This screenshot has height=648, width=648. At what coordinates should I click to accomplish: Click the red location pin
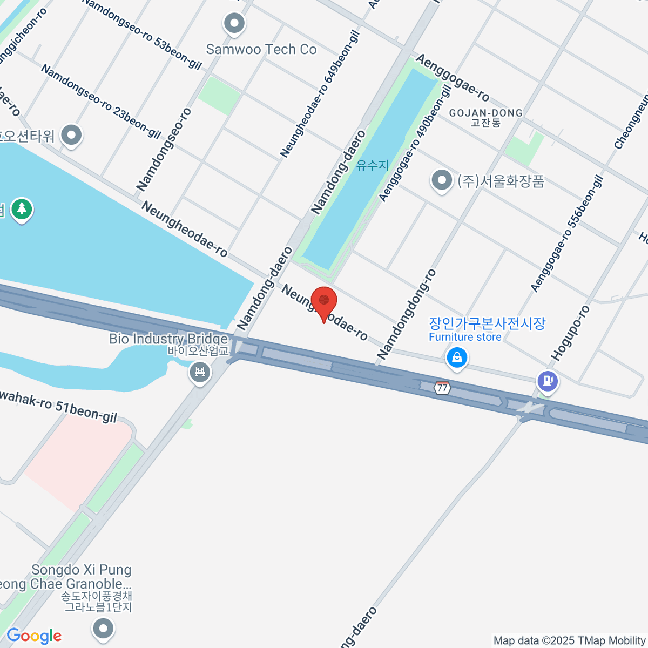pyautogui.click(x=324, y=302)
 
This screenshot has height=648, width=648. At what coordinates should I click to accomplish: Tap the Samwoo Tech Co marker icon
pyautogui.click(x=234, y=24)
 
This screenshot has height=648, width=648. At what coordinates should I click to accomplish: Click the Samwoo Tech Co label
pyautogui.click(x=261, y=50)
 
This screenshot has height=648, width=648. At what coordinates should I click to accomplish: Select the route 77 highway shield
pyautogui.click(x=442, y=387)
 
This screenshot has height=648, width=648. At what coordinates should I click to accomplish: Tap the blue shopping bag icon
pyautogui.click(x=457, y=357)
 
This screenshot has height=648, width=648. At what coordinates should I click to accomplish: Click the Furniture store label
pyautogui.click(x=465, y=337)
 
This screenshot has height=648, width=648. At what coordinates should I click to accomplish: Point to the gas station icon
pyautogui.click(x=548, y=381)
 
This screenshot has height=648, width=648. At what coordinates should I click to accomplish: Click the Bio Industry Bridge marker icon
pyautogui.click(x=200, y=372)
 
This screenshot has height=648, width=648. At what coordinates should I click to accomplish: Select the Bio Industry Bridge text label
pyautogui.click(x=168, y=339)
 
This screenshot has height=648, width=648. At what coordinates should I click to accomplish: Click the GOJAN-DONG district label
pyautogui.click(x=485, y=113)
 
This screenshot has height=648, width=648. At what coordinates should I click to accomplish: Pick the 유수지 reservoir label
pyautogui.click(x=373, y=165)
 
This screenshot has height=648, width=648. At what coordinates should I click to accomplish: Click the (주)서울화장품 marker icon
pyautogui.click(x=442, y=180)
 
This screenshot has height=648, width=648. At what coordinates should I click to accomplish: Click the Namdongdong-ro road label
pyautogui.click(x=407, y=314)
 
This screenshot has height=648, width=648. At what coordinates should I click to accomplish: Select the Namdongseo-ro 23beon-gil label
pyautogui.click(x=101, y=102)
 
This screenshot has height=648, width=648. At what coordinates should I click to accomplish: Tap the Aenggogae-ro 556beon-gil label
pyautogui.click(x=566, y=233)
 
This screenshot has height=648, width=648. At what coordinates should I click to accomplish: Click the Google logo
pyautogui.click(x=33, y=636)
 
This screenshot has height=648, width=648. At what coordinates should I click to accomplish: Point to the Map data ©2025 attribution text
pyautogui.click(x=570, y=640)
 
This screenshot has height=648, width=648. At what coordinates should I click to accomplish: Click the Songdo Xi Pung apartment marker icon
pyautogui.click(x=103, y=627)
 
